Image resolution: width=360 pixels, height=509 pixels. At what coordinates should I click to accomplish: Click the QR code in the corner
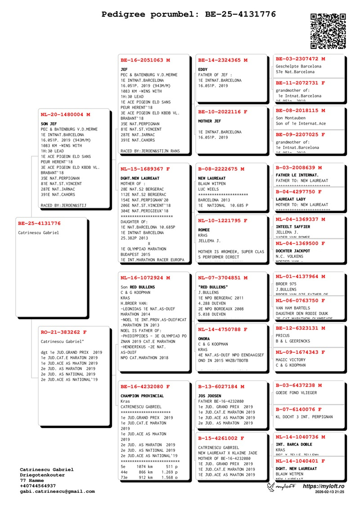(328, 31)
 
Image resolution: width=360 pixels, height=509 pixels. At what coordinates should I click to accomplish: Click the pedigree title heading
(189, 14)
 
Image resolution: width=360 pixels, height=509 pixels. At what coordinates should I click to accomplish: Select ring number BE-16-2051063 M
(145, 60)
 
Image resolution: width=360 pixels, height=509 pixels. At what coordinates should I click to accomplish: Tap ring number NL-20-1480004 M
(65, 115)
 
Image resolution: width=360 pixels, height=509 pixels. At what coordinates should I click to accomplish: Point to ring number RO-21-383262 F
(63, 332)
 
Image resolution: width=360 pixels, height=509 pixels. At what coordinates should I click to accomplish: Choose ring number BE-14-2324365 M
(223, 60)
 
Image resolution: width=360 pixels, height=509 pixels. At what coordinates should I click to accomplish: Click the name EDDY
(203, 69)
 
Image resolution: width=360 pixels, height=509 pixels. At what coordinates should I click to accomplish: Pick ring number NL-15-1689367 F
(145, 169)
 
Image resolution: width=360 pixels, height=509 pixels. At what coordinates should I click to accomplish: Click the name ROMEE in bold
(204, 230)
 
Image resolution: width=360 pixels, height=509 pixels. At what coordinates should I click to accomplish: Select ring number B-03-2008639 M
(299, 167)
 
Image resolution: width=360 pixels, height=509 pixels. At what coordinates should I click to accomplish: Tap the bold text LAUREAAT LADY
(291, 199)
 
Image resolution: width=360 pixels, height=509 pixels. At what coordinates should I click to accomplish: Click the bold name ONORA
(204, 339)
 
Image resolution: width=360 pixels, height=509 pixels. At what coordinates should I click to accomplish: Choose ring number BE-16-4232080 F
(145, 386)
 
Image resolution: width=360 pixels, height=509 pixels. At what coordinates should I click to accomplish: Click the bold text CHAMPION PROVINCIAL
(142, 396)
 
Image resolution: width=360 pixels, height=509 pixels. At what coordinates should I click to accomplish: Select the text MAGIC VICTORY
(290, 360)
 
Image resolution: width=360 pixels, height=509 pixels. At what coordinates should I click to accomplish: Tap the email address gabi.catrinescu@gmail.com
(57, 491)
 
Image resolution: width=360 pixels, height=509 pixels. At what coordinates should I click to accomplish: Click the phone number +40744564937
(38, 486)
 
